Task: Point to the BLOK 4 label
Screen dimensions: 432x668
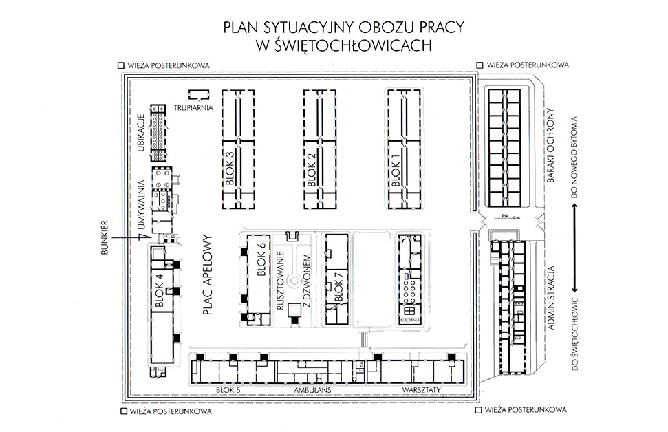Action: click(160, 290)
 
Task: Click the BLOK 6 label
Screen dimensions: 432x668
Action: click(261, 259)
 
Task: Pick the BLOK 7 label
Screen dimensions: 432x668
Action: click(338, 290)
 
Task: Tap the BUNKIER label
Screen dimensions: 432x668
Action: click(107, 237)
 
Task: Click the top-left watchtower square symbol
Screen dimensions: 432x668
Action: click(121, 65)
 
